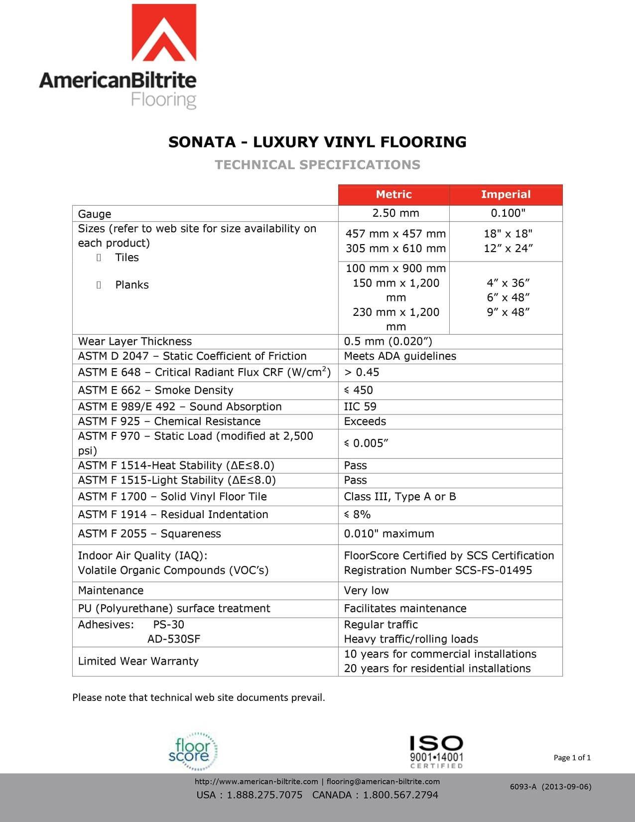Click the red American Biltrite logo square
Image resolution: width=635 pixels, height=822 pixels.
click(x=164, y=33)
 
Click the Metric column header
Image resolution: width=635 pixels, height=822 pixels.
click(x=393, y=194)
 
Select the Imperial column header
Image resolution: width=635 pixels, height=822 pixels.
click(x=506, y=194)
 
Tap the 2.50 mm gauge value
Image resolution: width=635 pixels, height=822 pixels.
click(x=395, y=213)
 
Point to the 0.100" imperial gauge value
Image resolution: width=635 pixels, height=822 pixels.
click(x=508, y=213)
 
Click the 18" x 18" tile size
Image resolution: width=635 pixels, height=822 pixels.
click(x=508, y=234)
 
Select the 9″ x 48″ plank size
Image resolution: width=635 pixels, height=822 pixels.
click(x=508, y=312)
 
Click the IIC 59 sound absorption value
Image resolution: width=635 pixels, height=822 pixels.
click(x=360, y=407)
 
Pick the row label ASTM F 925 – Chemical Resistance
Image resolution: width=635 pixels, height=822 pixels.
click(x=169, y=421)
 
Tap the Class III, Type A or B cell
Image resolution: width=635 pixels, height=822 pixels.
click(x=400, y=497)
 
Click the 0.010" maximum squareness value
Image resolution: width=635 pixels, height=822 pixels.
click(x=389, y=534)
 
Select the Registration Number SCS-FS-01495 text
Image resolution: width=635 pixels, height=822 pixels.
click(x=438, y=570)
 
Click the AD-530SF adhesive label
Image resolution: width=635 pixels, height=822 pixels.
click(x=174, y=639)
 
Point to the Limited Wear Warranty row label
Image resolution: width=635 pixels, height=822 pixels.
click(x=138, y=661)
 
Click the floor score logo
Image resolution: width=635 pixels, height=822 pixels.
click(x=193, y=751)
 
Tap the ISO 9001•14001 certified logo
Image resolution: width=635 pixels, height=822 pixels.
click(x=436, y=752)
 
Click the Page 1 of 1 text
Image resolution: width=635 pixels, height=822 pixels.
click(x=572, y=758)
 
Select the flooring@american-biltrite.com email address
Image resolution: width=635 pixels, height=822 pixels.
click(x=383, y=781)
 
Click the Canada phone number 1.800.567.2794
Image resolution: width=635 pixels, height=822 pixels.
click(x=400, y=795)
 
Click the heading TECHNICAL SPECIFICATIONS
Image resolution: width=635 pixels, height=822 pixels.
click(x=317, y=165)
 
